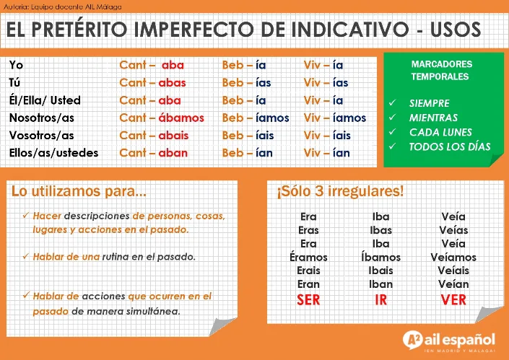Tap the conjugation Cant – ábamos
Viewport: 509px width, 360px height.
tap(162, 118)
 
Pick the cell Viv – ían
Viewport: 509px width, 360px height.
tap(326, 153)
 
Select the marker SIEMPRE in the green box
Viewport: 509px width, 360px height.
tap(429, 103)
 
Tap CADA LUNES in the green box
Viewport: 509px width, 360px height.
tap(440, 132)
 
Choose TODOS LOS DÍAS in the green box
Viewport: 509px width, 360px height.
tap(449, 146)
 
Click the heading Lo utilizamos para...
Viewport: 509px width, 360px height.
tap(79, 192)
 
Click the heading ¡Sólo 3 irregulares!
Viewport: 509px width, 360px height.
tap(340, 192)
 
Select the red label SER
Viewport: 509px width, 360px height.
tap(309, 300)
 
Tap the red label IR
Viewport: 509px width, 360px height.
tap(381, 300)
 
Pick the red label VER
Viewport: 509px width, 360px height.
tap(453, 300)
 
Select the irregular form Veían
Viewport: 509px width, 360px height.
tap(453, 284)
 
